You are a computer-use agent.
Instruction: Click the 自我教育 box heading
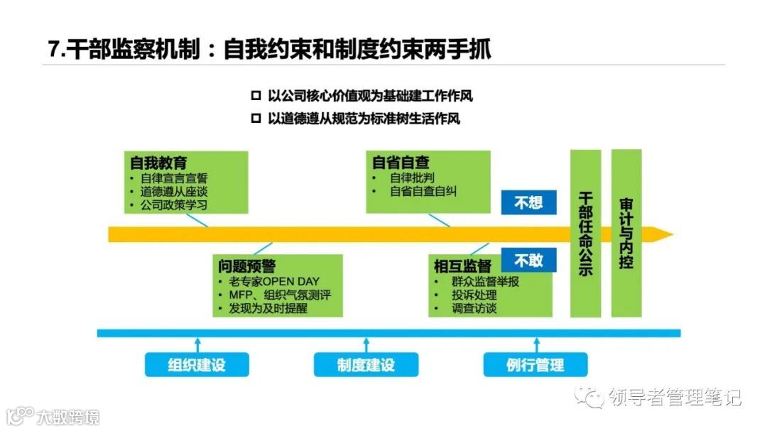158,163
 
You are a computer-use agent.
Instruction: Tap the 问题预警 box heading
246,266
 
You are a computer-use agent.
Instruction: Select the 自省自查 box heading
401,163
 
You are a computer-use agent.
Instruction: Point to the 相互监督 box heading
462,266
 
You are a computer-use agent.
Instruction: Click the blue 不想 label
528,202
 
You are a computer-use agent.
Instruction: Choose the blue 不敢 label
528,260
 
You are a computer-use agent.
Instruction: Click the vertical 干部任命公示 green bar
586,233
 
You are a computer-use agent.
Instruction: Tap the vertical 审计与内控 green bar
626,233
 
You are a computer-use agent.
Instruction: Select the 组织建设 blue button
197,365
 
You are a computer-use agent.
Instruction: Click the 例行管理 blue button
535,365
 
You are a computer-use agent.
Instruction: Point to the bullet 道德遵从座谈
174,192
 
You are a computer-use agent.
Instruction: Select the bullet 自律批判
413,178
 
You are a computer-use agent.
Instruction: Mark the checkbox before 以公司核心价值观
256,96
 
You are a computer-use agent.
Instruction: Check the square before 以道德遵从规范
256,119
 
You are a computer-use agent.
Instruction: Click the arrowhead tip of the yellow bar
670,234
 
